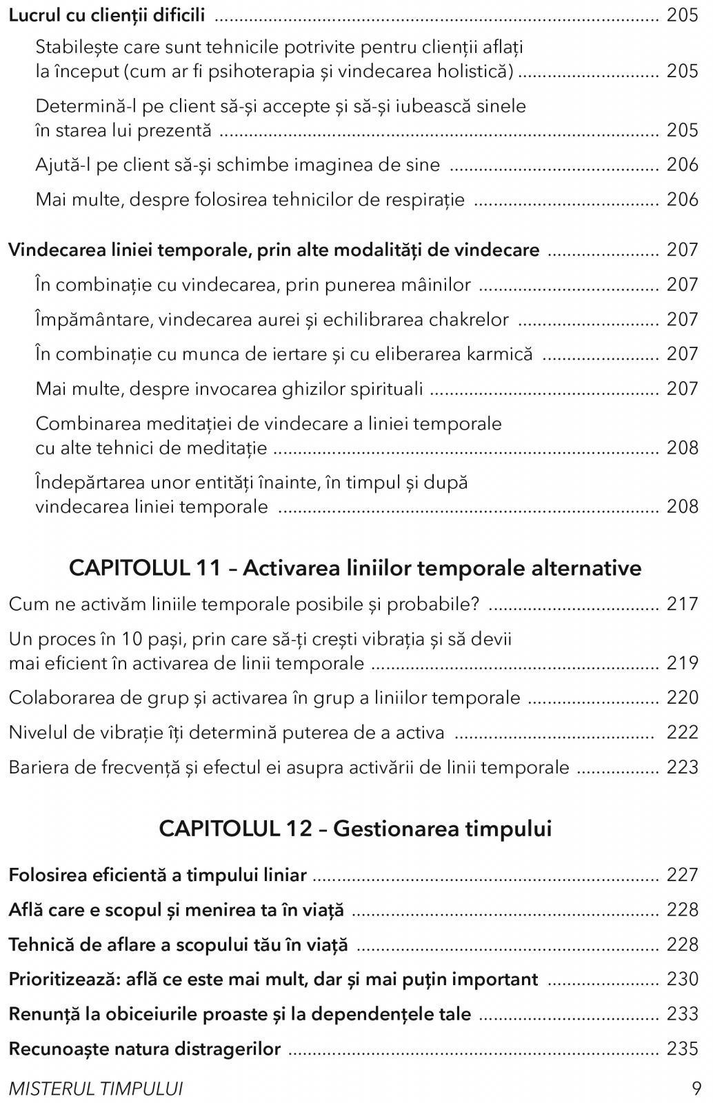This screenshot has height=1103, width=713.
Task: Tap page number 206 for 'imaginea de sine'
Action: click(682, 165)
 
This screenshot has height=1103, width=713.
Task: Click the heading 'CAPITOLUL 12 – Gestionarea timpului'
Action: click(355, 828)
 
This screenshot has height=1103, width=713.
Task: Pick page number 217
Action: click(682, 604)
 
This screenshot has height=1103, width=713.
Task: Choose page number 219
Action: click(682, 663)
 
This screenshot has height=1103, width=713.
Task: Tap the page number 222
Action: click(682, 732)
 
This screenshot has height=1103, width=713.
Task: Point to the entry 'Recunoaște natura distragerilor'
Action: click(145, 1049)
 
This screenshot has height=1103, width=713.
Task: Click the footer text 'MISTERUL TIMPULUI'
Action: click(96, 1089)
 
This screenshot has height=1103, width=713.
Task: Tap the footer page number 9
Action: click(696, 1089)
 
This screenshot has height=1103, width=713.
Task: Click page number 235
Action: click(682, 1049)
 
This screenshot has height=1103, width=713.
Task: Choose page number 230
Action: click(682, 979)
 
